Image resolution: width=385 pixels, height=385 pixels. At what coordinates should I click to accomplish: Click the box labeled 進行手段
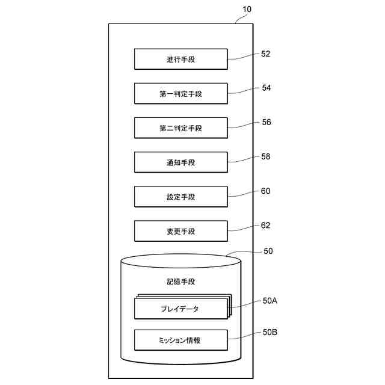180,60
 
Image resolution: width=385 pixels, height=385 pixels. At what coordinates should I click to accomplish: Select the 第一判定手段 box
180,94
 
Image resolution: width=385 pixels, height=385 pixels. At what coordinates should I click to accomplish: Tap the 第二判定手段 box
180,128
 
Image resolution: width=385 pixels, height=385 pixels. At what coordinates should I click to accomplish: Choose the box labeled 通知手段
180,162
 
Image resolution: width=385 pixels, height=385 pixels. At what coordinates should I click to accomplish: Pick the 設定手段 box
180,197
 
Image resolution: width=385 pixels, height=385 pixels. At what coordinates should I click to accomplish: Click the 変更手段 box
180,231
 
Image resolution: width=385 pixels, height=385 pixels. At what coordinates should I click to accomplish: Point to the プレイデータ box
180,309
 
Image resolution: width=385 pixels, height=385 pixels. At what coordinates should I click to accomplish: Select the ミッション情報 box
180,340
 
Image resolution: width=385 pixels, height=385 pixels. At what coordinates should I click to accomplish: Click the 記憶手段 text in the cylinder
180,282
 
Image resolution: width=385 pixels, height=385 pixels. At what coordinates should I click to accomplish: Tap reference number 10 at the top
247,9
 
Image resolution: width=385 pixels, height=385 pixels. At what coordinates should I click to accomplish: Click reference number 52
266,54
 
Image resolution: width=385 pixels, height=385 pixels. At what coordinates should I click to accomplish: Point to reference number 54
266,88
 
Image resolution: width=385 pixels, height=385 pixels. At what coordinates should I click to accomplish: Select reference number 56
266,122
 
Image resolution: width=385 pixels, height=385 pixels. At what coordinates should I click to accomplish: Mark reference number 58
266,156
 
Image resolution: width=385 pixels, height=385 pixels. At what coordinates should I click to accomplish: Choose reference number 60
266,191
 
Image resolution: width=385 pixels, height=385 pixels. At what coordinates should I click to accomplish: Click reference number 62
266,226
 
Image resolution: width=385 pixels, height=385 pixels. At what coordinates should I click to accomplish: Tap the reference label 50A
269,301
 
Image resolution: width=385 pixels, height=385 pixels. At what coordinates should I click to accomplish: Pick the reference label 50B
269,331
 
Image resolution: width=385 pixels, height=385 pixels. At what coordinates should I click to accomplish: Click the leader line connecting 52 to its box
243,57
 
